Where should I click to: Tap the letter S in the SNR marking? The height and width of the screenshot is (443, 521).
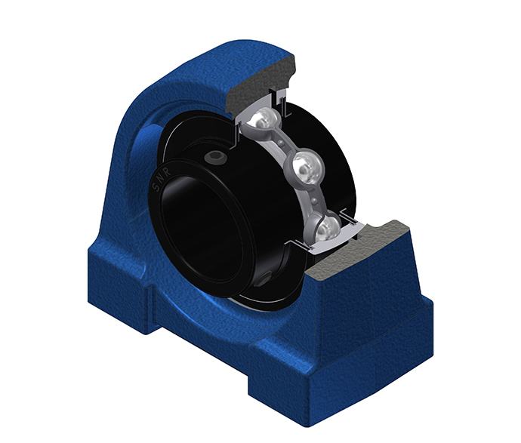coord(156,188)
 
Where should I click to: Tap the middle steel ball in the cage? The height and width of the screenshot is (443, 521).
coord(307,167)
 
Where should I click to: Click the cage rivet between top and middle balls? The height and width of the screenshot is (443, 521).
coord(282,143)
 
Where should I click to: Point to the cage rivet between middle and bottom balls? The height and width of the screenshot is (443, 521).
coord(314,200)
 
